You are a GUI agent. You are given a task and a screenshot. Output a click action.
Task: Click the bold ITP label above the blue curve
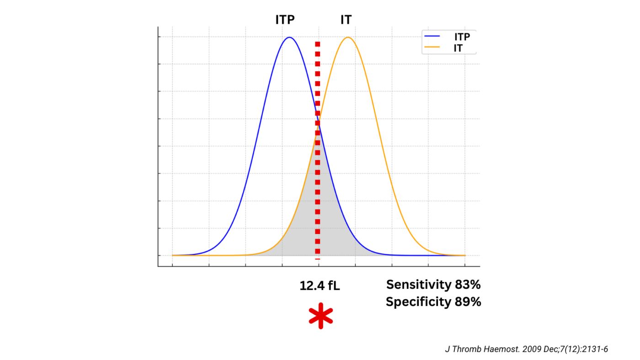click(285, 20)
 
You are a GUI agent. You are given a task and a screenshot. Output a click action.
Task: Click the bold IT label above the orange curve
click(346, 20)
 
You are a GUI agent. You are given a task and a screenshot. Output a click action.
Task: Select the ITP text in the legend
click(462, 37)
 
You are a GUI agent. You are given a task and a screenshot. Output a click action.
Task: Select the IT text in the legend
click(458, 48)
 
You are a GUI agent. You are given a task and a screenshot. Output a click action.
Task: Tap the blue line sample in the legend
click(432, 36)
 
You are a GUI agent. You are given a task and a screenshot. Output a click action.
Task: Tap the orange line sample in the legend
click(432, 47)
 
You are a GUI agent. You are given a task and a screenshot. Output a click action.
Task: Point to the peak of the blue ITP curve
click(289, 37)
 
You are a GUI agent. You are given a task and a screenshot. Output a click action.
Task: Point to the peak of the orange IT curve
click(348, 37)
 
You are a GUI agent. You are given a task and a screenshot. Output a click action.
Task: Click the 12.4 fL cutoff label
click(320, 286)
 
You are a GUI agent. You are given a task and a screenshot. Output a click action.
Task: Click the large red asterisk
click(321, 316)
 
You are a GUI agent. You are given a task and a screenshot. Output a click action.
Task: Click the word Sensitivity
click(419, 285)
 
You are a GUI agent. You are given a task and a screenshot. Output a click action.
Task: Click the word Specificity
click(419, 302)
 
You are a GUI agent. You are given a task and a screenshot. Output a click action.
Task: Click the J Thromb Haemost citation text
click(527, 349)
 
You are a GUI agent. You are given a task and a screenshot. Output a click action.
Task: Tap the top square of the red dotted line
click(317, 44)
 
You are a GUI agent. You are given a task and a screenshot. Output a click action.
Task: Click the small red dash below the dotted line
click(317, 259)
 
